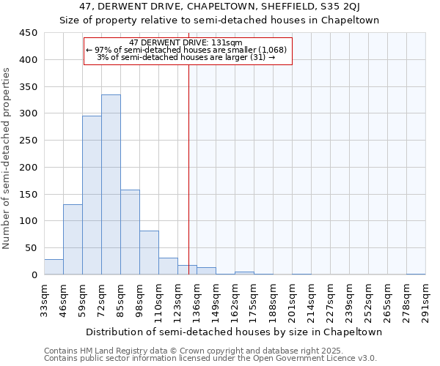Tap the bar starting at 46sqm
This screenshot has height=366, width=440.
73,239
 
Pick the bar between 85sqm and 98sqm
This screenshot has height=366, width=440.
130,232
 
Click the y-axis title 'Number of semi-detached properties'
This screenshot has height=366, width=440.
7,157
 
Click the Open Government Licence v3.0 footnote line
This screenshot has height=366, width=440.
210,358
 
